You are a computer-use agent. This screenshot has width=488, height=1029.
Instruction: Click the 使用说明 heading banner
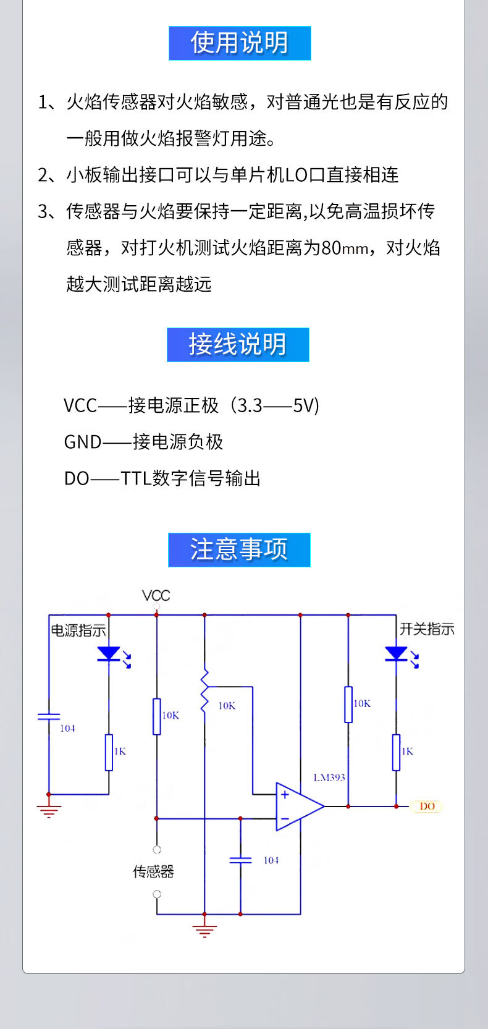click(240, 43)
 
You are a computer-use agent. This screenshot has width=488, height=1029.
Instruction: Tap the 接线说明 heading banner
click(238, 344)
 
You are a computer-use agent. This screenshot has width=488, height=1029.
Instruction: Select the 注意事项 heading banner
click(239, 549)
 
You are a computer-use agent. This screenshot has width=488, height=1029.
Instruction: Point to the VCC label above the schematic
click(156, 596)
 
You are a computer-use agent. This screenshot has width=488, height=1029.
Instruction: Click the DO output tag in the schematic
click(427, 806)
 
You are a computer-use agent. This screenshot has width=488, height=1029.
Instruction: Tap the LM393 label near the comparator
click(329, 777)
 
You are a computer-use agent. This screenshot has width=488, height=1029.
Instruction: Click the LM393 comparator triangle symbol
click(298, 806)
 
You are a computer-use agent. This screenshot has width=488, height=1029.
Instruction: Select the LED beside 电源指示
click(109, 654)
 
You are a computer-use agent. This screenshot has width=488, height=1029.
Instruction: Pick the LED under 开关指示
click(396, 654)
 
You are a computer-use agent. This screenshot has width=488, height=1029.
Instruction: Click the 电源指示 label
click(78, 630)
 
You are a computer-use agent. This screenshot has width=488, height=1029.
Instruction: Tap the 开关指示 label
click(427, 629)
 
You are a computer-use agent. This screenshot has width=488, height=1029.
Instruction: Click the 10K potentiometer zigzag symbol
click(204, 692)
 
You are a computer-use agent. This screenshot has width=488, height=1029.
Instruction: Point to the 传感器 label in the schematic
click(154, 871)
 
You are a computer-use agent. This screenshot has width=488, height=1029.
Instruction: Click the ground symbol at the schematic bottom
click(204, 929)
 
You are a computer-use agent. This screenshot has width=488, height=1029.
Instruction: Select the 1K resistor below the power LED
click(109, 752)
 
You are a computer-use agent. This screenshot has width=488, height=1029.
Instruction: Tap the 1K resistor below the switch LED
click(396, 752)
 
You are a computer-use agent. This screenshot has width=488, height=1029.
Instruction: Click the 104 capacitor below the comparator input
click(240, 860)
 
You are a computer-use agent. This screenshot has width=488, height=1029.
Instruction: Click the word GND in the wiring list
click(83, 442)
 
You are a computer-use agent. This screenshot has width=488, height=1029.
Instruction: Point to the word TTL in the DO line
click(136, 478)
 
